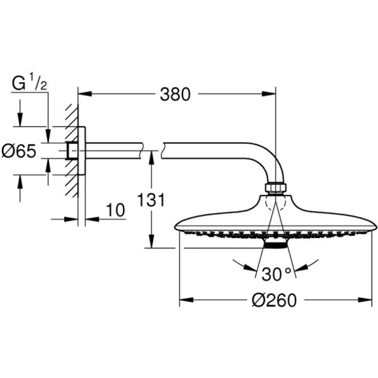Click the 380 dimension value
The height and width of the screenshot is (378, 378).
(175, 95)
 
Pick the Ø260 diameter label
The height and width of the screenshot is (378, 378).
(274, 301)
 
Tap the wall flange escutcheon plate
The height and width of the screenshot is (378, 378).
(81, 151)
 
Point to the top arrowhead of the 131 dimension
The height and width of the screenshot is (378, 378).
(151, 154)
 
